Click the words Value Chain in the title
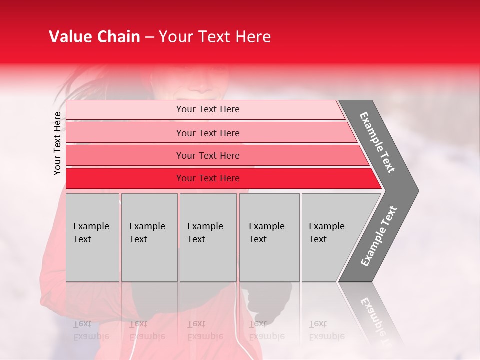tap(94, 37)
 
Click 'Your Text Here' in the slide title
tap(215, 37)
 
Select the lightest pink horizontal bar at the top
tap(208, 109)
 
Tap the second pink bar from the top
tap(208, 133)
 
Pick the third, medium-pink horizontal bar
tap(208, 155)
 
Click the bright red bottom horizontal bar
tap(208, 178)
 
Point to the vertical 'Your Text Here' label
tap(57, 144)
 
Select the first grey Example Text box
tap(92, 237)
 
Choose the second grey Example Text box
tap(149, 237)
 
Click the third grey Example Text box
tap(207, 237)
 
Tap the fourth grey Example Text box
tap(269, 237)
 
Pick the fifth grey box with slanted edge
tap(330, 237)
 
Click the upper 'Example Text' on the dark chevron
tap(377, 142)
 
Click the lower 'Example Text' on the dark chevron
tap(379, 236)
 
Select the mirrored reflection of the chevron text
tap(377, 320)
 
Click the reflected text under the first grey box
tap(91, 330)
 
